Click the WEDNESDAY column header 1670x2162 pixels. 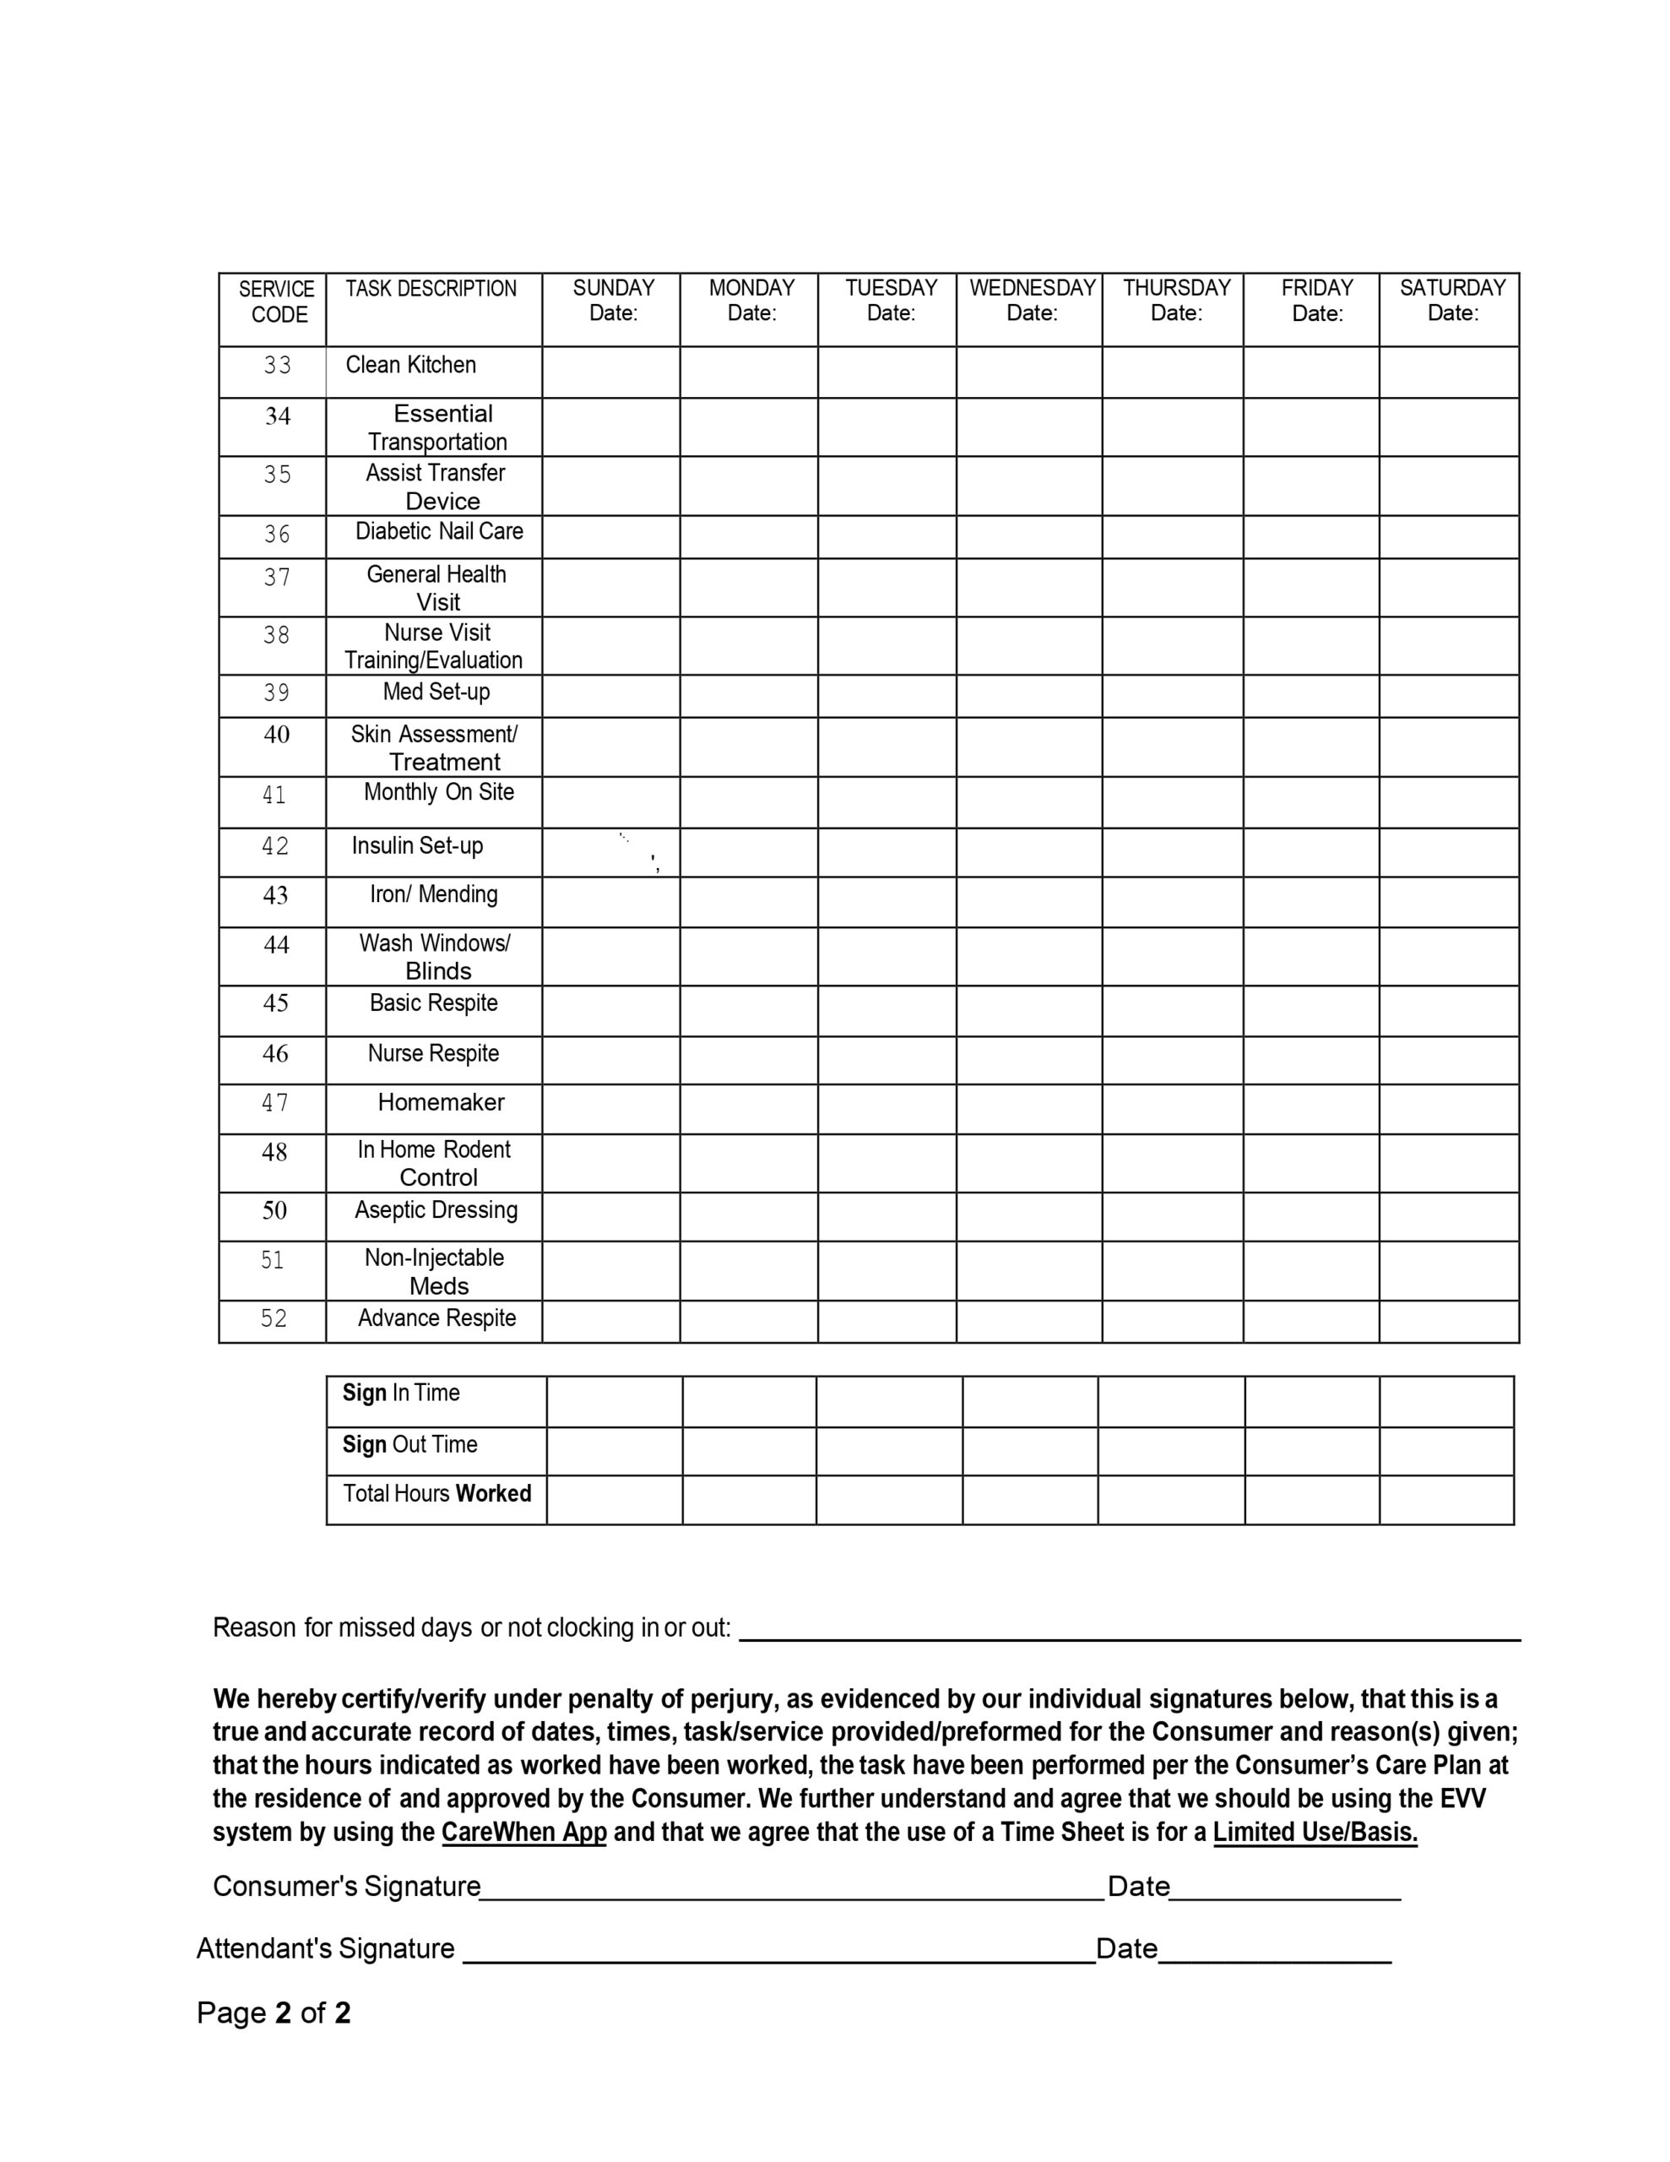[1032, 301]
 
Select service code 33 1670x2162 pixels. [277, 367]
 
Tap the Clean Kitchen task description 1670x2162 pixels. [411, 366]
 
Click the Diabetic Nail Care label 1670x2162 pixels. [438, 531]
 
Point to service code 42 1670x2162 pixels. [275, 846]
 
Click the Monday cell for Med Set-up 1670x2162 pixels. [748, 696]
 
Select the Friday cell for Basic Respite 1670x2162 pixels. [1310, 1011]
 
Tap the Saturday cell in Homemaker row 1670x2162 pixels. [1448, 1109]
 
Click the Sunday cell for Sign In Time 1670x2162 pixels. [614, 1401]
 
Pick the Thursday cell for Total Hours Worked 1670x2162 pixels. [1171, 1500]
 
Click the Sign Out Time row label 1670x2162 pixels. [409, 1444]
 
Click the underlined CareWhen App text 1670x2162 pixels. [523, 1833]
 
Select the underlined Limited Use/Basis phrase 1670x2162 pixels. [1315, 1833]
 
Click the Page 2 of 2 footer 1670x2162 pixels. [274, 2013]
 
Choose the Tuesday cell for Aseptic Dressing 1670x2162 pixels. [887, 1217]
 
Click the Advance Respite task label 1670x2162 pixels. [436, 1318]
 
